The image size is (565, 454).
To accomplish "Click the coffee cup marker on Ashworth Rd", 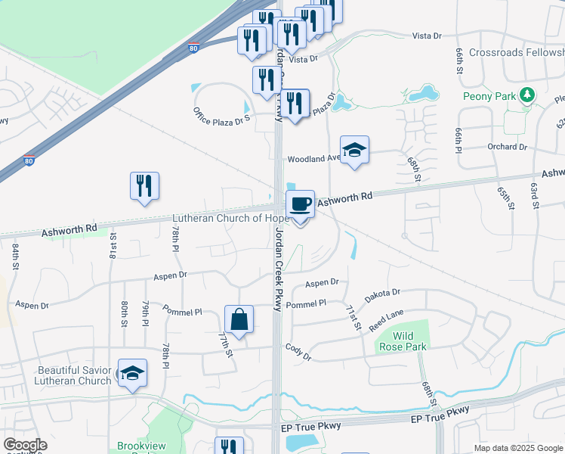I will coord(300,204).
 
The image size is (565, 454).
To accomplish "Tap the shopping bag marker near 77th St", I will coord(239,319).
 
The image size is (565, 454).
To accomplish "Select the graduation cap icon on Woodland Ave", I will coord(354,150).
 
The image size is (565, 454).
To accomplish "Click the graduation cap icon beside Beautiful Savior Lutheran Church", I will coord(132,373).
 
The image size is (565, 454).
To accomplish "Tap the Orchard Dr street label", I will coord(506,147).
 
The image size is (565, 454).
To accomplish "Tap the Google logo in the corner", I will coord(25,445).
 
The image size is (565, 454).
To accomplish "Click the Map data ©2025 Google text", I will coord(517,448).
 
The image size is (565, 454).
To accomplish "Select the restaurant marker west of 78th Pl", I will coord(144,186).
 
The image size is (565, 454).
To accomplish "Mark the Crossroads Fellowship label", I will coord(517,53).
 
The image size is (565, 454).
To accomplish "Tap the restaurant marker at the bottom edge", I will coord(229,447).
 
